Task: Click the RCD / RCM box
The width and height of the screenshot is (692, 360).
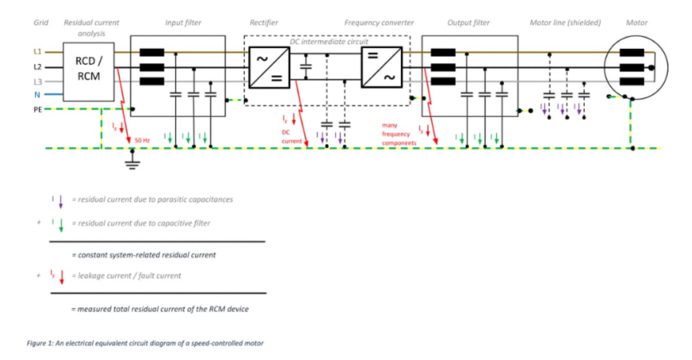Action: coord(89,70)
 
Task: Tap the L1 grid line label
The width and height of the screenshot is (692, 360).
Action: coord(37,52)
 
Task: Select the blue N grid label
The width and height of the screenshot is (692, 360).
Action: coord(37,94)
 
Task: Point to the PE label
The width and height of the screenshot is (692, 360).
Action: coord(37,108)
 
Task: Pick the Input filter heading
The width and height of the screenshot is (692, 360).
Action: coord(183,23)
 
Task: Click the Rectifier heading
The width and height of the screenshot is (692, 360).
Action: coord(263,23)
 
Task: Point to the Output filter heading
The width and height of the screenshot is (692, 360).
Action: coord(469,23)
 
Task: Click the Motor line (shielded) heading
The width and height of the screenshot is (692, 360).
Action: coord(566,23)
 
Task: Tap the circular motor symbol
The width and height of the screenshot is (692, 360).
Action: coord(636,68)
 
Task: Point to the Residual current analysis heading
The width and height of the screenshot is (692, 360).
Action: coord(91,28)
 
